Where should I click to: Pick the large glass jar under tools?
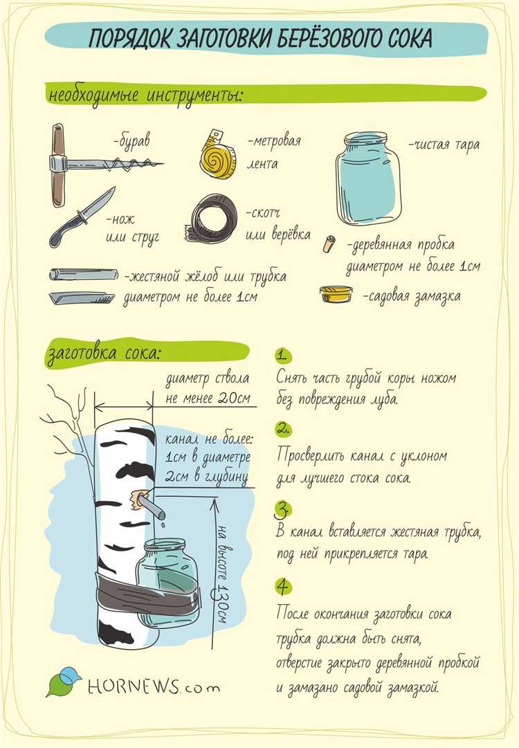point(367,179)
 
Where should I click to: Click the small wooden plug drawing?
point(328,244)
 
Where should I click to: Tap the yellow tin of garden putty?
point(336,294)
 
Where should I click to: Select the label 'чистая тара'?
point(444,145)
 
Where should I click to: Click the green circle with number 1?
point(283,356)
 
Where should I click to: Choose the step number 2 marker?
point(283,429)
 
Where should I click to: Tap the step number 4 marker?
point(283,586)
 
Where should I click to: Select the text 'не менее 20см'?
point(208,399)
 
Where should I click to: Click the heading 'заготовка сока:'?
point(104,354)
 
